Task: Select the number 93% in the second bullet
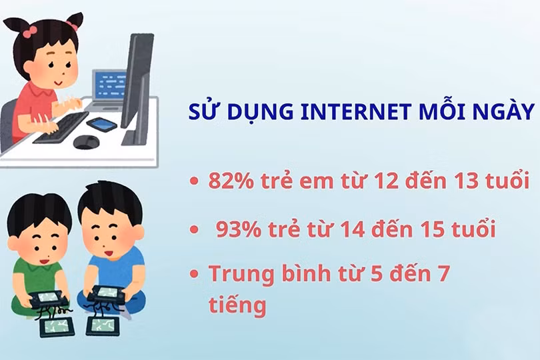238,230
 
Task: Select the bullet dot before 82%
193,181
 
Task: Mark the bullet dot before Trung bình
193,275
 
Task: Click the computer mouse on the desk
86,141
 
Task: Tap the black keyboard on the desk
60,127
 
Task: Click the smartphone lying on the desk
101,123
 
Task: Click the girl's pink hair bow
30,30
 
